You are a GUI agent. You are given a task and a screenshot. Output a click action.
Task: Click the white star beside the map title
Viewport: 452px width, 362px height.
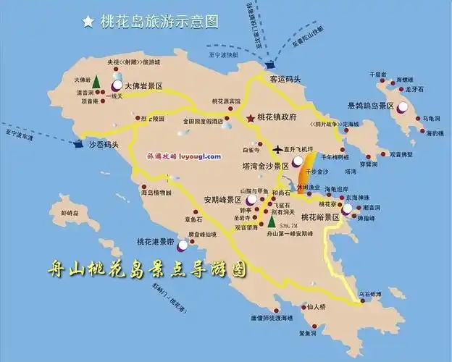pos(88,22)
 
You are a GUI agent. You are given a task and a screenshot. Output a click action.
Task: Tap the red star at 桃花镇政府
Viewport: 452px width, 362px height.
pos(251,118)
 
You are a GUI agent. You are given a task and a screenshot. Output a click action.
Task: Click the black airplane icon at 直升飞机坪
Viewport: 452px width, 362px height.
pos(277,150)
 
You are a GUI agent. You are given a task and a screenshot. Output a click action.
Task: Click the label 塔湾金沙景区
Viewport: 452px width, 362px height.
pos(265,166)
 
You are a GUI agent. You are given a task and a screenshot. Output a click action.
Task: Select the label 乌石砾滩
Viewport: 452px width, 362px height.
pos(370,293)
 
